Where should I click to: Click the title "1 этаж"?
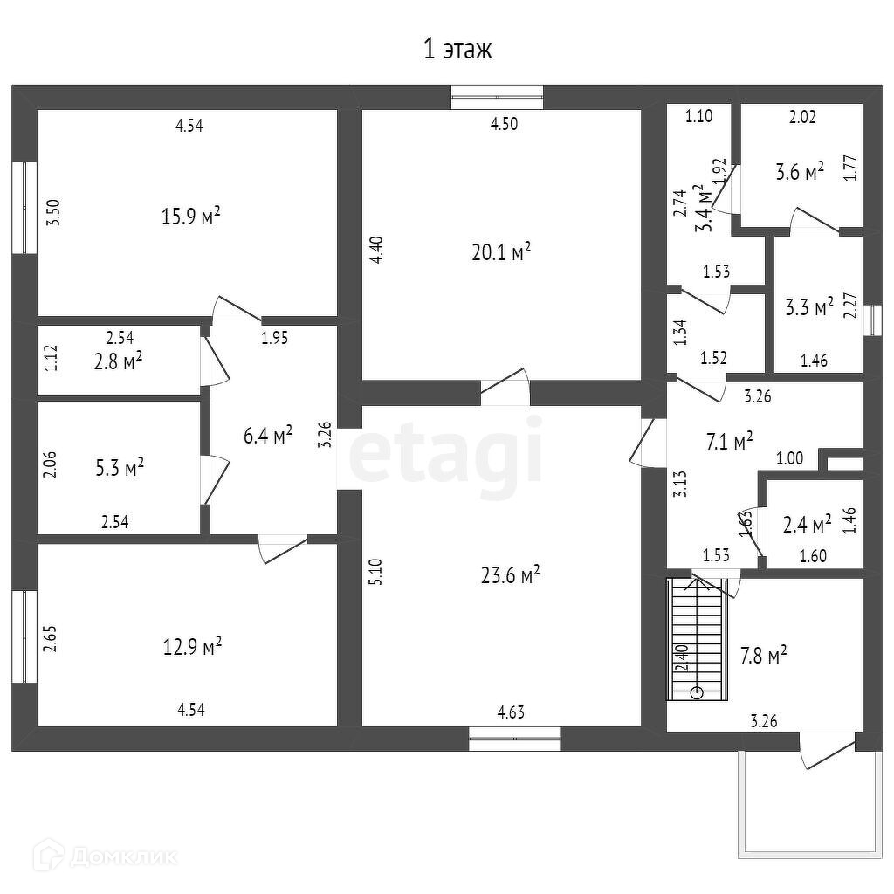pos(457,50)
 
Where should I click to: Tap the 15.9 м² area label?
pos(190,216)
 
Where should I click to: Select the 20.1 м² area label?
pos(501,252)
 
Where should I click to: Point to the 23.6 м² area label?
pos(510,574)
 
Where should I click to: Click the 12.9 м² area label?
pos(192,647)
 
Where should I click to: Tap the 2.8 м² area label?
pos(119,361)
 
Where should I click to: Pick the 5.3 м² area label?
pos(119,468)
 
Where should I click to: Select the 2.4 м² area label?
pos(808,526)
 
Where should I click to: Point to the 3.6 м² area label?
pos(800,172)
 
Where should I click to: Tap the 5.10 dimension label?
pos(375,572)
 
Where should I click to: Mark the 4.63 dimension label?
pos(512,712)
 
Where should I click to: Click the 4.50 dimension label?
pos(504,124)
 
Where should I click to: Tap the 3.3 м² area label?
pos(808,307)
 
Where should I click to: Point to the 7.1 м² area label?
pos(729,442)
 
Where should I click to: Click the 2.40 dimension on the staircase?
pos(681,657)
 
